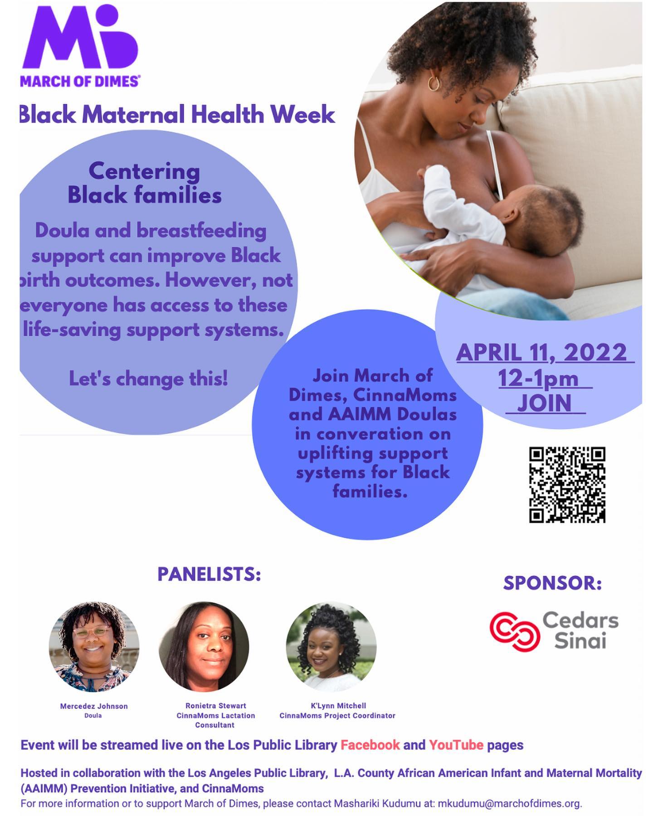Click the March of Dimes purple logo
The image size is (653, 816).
coord(80,45)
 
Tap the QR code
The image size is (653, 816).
coord(567,485)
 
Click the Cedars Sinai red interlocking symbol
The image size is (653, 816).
coord(514,631)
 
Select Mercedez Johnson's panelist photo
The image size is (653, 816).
coord(94,646)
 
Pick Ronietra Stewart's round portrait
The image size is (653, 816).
coord(204,646)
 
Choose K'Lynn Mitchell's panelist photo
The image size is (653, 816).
coord(331,646)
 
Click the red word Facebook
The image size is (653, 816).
coord(370,745)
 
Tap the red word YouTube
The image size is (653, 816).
coord(456,745)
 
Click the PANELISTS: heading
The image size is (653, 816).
coord(209,574)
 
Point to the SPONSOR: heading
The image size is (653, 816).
coord(552,583)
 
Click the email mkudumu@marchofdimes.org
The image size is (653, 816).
coord(510,804)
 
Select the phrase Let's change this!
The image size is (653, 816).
coord(148,379)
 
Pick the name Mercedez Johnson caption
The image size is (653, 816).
coord(94,706)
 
